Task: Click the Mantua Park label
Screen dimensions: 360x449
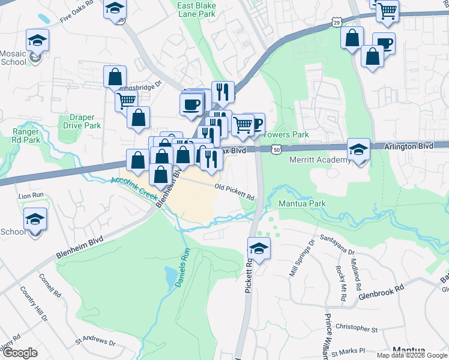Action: [302, 203]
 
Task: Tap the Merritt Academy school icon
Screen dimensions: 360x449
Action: [358, 149]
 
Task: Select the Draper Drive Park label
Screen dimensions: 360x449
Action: [81, 122]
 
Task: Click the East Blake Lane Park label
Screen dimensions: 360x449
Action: [195, 10]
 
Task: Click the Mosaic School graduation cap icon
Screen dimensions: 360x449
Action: [37, 41]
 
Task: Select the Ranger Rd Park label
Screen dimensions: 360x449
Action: [26, 136]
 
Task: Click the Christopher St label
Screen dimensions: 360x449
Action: [357, 329]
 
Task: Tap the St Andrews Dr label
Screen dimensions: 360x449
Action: [95, 343]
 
